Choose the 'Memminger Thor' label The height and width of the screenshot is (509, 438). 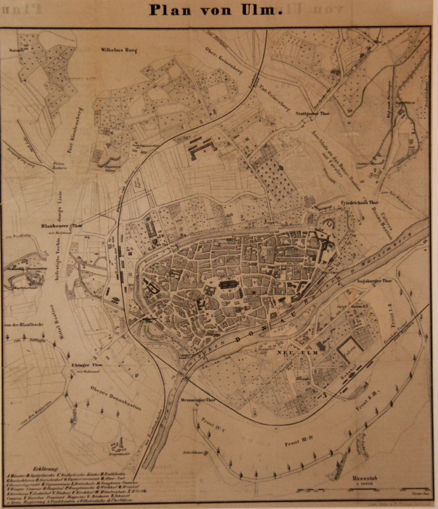pyautogui.click(x=201, y=400)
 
